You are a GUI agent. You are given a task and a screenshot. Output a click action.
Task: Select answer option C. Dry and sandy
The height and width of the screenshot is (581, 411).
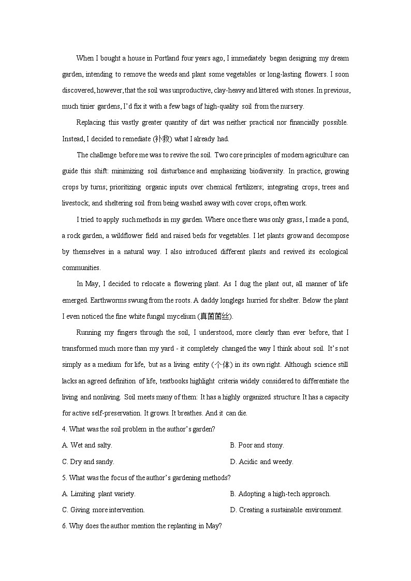coord(88,461)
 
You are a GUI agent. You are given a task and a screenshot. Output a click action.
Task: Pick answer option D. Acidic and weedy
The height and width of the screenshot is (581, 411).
coord(261,461)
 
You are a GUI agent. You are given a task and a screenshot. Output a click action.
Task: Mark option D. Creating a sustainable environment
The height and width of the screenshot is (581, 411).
coord(286,510)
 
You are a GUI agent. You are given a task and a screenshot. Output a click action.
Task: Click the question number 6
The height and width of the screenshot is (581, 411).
coord(64,526)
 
